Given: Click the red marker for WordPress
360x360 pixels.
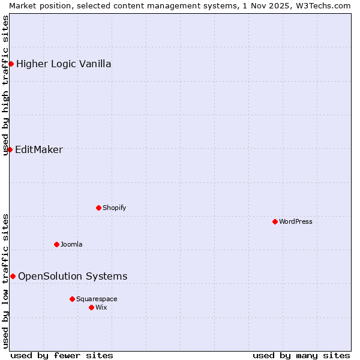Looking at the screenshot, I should (x=275, y=221).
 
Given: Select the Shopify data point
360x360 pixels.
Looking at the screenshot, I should (x=98, y=208).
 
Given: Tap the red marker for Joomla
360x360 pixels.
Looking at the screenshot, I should (x=56, y=244).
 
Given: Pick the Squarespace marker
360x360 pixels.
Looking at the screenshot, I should (x=72, y=299).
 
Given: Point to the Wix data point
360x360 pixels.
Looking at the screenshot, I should (x=91, y=307).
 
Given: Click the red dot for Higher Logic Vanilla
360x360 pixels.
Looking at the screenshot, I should (x=11, y=64).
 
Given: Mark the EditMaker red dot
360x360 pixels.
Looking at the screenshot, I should (x=10, y=149).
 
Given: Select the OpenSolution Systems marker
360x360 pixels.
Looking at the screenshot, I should (x=13, y=276).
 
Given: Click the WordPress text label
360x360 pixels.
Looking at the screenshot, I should (x=296, y=221).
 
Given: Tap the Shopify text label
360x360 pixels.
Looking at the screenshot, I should (x=114, y=208).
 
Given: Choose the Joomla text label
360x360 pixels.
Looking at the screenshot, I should (x=71, y=244).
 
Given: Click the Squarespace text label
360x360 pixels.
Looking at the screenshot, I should (x=97, y=299).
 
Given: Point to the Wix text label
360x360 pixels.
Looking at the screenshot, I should (x=101, y=307).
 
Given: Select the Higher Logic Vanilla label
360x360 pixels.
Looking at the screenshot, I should (x=64, y=64).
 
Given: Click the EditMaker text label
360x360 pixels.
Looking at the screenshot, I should (x=39, y=149).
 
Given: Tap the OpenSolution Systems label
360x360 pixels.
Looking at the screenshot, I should (x=73, y=276).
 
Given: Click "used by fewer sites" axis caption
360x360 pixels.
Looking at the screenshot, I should (x=62, y=355).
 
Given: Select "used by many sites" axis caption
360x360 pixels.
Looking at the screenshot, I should (x=301, y=355).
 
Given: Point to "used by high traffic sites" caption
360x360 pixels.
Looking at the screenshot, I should (x=6, y=85).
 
